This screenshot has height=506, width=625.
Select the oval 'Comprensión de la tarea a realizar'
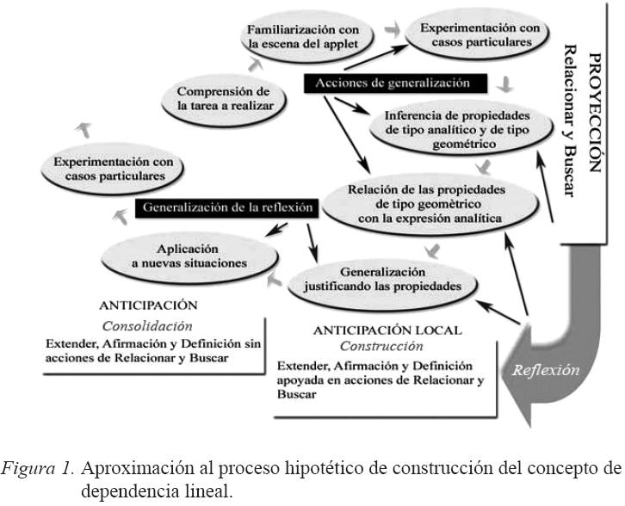click(224, 98)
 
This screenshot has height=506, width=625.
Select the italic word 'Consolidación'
click(147, 326)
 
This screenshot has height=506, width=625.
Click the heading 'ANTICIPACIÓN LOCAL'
click(387, 330)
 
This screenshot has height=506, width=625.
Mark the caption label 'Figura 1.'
click(52, 468)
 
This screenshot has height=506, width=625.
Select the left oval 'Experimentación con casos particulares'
click(114, 168)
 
